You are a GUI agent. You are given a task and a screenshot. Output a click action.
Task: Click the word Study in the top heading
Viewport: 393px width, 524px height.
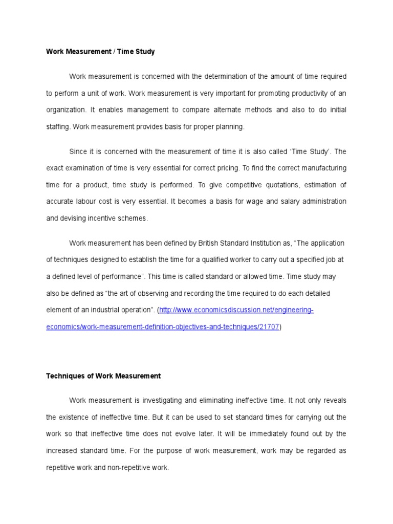(144, 52)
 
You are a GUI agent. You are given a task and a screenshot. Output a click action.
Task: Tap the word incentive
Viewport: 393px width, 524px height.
(103, 218)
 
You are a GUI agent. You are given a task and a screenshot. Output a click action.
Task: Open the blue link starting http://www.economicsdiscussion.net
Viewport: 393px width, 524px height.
(236, 310)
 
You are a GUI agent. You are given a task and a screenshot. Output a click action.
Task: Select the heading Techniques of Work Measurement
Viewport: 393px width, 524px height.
(103, 376)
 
